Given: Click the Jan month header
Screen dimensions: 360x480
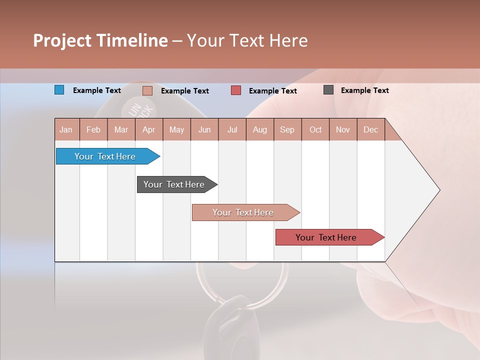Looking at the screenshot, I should (66, 129).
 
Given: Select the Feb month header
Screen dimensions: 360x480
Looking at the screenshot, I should (93, 129).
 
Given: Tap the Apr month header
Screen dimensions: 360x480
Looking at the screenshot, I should (148, 129).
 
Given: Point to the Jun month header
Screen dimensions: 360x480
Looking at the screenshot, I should (204, 129).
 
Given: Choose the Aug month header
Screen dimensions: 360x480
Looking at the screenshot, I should (259, 129).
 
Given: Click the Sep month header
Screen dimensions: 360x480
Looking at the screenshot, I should (287, 129).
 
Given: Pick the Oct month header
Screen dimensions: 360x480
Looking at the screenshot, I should (315, 129).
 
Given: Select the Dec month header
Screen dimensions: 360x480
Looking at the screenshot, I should (370, 129).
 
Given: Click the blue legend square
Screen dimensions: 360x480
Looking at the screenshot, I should (59, 90).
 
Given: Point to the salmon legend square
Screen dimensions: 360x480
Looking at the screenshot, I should (147, 90).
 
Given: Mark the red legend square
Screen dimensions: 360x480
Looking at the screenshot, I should (236, 90).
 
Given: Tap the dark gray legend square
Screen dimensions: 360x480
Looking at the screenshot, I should (328, 90).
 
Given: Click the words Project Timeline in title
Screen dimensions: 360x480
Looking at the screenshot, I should (100, 40).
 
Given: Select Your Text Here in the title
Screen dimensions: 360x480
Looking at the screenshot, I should (247, 40).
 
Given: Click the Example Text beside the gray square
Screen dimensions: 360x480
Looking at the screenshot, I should (364, 90).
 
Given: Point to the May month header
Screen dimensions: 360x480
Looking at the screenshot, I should (176, 129).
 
